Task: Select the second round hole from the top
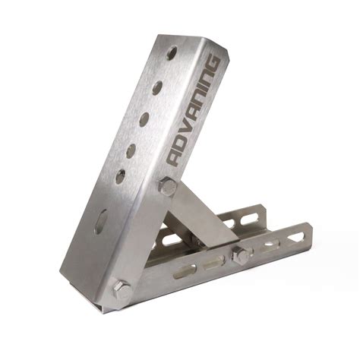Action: click(156, 87)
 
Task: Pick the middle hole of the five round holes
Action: click(144, 119)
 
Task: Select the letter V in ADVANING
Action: click(188, 125)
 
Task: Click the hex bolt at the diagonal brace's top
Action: click(168, 187)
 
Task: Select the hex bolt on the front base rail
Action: click(243, 254)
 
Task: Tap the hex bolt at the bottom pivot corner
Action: click(121, 289)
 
